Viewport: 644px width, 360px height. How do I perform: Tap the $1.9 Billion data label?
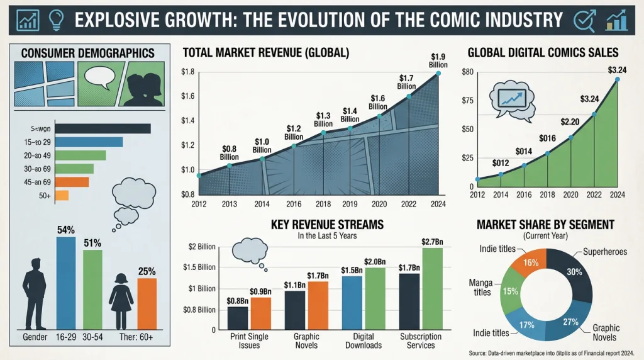[439, 60]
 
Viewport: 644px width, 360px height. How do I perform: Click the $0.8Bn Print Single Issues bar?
[238, 318]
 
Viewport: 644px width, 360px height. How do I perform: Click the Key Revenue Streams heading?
[327, 224]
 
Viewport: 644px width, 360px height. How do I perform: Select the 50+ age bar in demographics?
[62, 196]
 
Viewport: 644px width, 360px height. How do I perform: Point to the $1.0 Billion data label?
[262, 145]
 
